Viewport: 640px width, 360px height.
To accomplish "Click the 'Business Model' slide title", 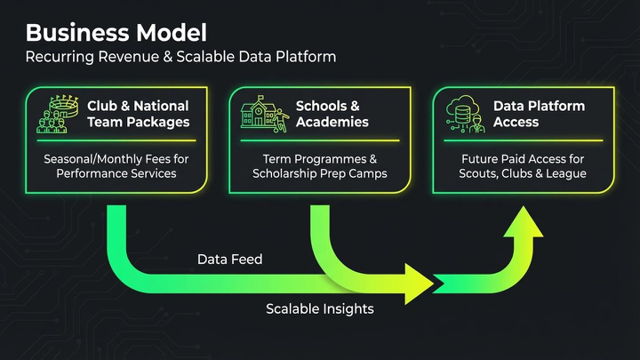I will click(x=116, y=34).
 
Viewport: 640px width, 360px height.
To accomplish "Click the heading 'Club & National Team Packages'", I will click(x=138, y=114).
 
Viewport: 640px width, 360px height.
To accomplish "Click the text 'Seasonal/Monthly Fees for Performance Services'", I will click(x=116, y=165).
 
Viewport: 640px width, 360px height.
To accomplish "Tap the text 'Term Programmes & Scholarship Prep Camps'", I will click(x=321, y=165).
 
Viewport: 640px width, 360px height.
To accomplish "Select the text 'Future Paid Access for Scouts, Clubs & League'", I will click(x=522, y=165).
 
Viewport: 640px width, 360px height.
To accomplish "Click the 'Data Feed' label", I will click(x=223, y=260).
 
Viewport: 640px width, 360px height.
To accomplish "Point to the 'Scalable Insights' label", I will click(x=320, y=309).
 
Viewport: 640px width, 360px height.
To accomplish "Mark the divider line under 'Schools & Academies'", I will click(x=321, y=140).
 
